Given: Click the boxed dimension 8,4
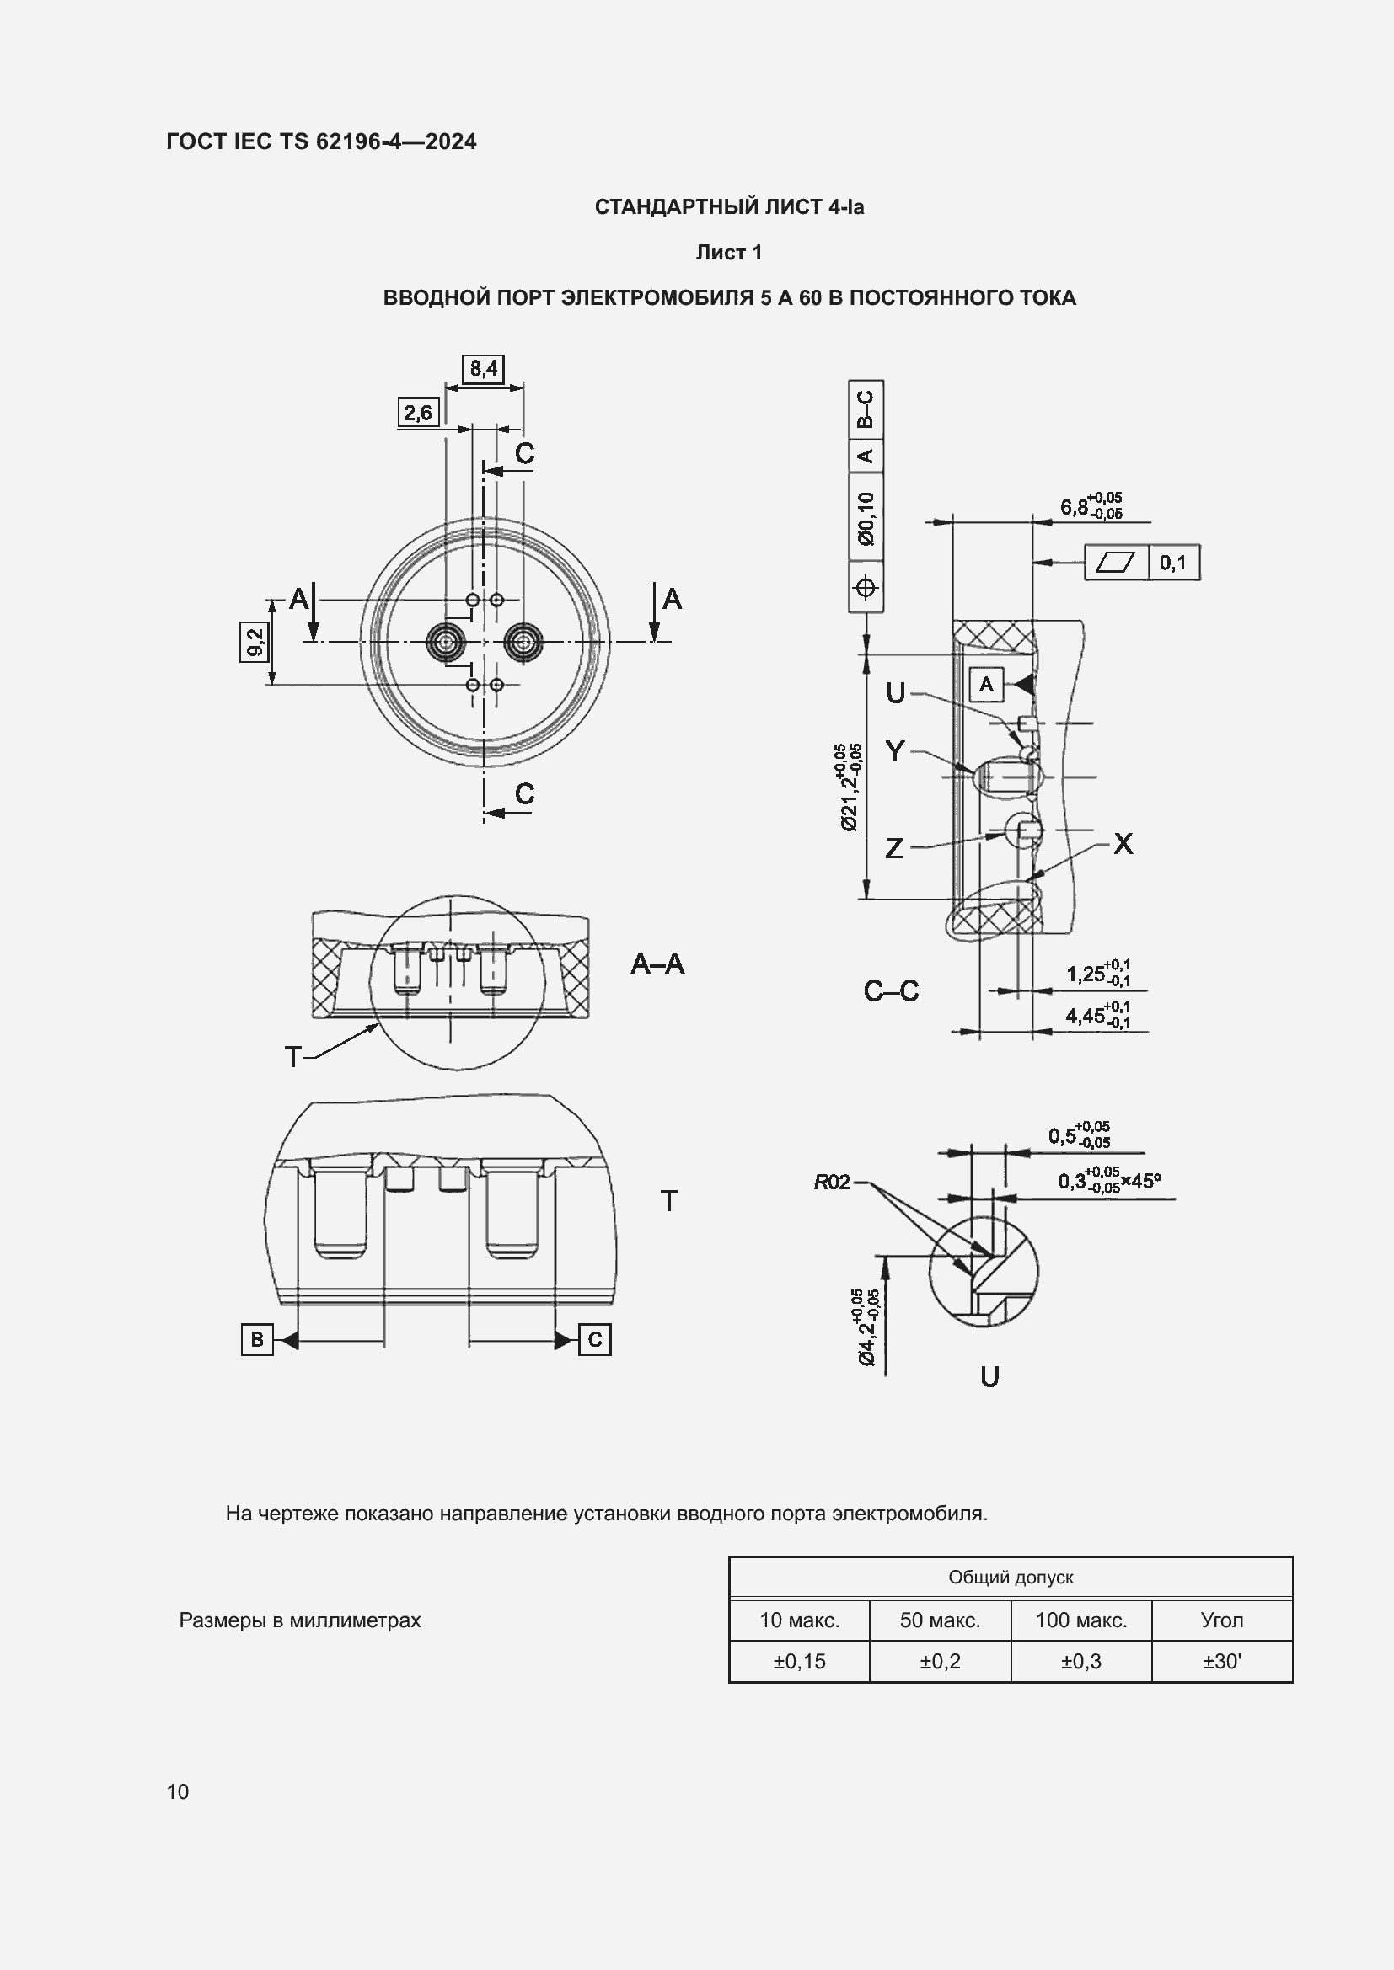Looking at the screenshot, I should (482, 369).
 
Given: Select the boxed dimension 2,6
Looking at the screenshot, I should (418, 413).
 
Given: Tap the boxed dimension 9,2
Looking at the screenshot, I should (254, 642).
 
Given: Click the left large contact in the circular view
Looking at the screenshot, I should (446, 642).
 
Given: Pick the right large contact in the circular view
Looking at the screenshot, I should (523, 642).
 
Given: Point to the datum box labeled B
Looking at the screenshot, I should (257, 1339).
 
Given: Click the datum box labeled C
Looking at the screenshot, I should (595, 1339).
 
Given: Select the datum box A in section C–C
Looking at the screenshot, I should (986, 684).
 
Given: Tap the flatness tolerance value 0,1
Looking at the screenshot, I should (1172, 563).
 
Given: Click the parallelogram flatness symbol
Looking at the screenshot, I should (1116, 563).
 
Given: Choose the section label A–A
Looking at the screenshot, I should (657, 964).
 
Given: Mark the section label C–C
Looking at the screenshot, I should (891, 991).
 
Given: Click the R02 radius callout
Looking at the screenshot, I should (831, 1183).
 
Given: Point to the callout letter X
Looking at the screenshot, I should (1123, 844).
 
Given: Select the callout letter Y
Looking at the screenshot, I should (894, 751).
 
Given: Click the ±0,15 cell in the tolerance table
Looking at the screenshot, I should (799, 1661).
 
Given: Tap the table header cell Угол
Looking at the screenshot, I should (1221, 1620).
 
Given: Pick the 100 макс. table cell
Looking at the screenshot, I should (1080, 1620).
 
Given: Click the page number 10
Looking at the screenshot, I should (178, 1791).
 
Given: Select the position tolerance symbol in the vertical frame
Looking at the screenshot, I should (866, 588).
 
